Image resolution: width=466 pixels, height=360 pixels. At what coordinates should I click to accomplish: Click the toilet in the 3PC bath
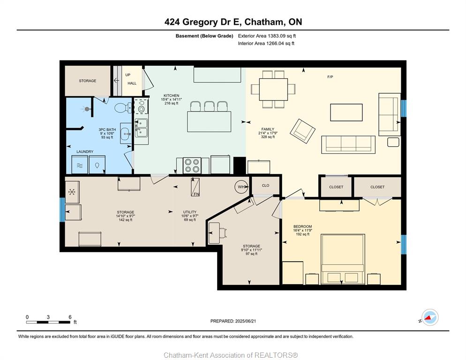pyautogui.click(x=123, y=108)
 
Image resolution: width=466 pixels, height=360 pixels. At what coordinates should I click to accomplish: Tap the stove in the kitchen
pyautogui.click(x=192, y=165)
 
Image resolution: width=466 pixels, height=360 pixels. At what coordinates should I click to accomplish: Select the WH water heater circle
pyautogui.click(x=242, y=187)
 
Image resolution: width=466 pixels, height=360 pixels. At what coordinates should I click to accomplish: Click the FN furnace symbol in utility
pyautogui.click(x=195, y=187)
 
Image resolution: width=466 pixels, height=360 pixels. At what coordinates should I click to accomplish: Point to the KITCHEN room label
pyautogui.click(x=172, y=96)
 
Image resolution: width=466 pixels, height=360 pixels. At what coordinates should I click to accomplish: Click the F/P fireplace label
pyautogui.click(x=330, y=77)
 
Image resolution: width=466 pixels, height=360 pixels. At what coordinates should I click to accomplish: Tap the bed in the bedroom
pyautogui.click(x=343, y=259)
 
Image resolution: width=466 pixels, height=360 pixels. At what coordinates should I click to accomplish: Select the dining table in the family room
pyautogui.click(x=273, y=90)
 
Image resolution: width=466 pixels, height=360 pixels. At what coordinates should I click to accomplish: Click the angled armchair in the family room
pyautogui.click(x=302, y=131)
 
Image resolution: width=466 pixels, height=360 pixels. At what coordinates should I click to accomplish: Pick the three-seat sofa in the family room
pyautogui.click(x=348, y=144)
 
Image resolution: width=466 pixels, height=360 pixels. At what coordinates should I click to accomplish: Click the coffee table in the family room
pyautogui.click(x=346, y=112)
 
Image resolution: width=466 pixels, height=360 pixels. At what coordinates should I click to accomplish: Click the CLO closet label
pyautogui.click(x=265, y=186)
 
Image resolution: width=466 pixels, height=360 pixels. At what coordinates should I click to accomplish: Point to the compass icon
pyautogui.click(x=430, y=317)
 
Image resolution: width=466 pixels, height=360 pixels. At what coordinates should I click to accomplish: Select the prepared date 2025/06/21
pyautogui.click(x=245, y=321)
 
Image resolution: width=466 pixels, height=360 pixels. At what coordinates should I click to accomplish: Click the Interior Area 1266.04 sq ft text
pyautogui.click(x=266, y=44)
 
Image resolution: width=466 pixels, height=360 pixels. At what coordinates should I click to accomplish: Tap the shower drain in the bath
pyautogui.click(x=87, y=109)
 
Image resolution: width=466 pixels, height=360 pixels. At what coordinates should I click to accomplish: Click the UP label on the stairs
pyautogui.click(x=128, y=75)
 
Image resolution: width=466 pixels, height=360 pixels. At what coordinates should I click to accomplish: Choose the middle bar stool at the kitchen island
pyautogui.click(x=209, y=106)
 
